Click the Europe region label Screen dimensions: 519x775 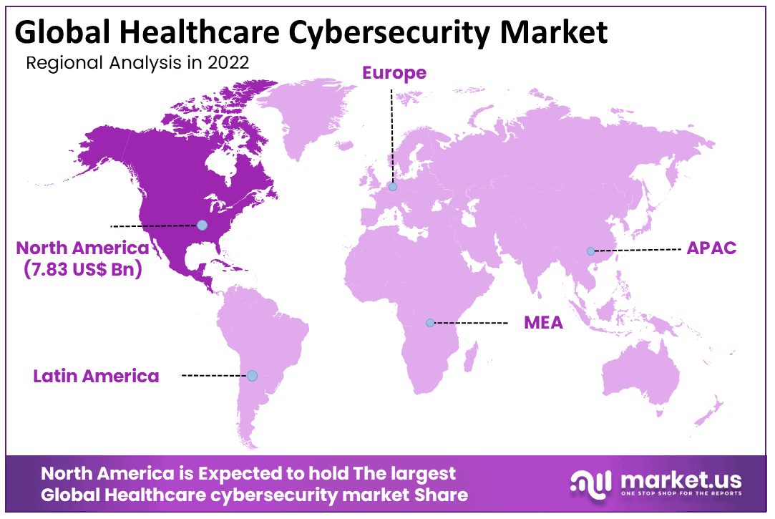point(394,73)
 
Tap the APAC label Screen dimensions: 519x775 point(711,248)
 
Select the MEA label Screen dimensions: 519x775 point(543,322)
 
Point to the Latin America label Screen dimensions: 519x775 point(97,376)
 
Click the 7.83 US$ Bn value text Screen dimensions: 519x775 point(84,271)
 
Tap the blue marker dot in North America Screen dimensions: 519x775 point(202,225)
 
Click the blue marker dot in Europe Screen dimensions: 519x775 point(392,187)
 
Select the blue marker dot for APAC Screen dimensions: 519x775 point(590,251)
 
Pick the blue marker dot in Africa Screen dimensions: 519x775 point(429,323)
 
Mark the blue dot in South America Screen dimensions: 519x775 point(252,375)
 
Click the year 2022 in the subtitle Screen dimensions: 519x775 point(230,63)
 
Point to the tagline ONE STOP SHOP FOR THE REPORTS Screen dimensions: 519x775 point(681,494)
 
